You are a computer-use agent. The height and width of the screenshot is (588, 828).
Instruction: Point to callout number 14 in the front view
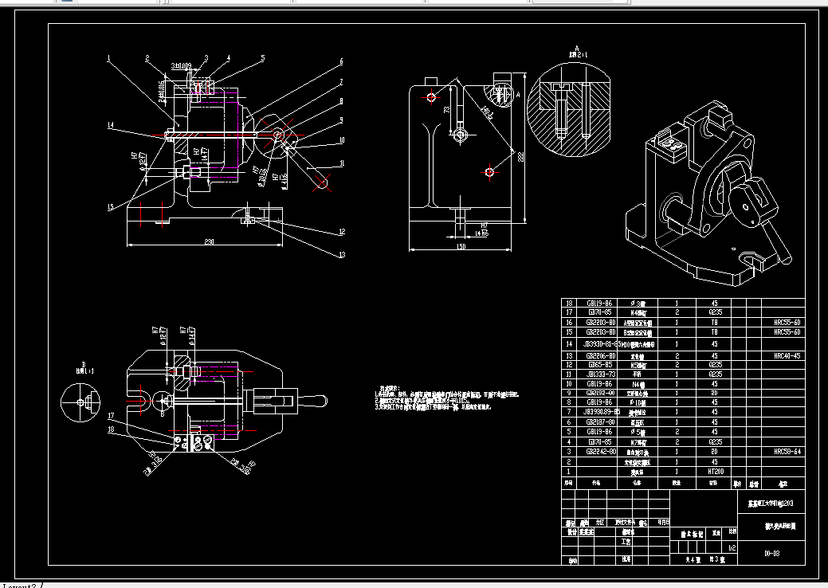click(x=112, y=126)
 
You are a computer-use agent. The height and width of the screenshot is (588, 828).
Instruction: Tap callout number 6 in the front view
click(x=339, y=61)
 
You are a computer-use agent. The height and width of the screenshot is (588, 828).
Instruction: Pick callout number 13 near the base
click(x=342, y=255)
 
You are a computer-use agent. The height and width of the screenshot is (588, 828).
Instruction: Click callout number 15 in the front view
click(x=112, y=208)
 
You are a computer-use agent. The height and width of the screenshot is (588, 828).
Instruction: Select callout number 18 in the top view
click(x=112, y=429)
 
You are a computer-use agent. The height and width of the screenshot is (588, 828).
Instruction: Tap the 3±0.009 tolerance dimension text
click(x=181, y=65)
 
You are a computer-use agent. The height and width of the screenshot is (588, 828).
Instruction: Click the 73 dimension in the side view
click(x=447, y=109)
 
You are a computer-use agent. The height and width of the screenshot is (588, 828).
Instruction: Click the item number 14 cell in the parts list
click(x=569, y=343)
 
